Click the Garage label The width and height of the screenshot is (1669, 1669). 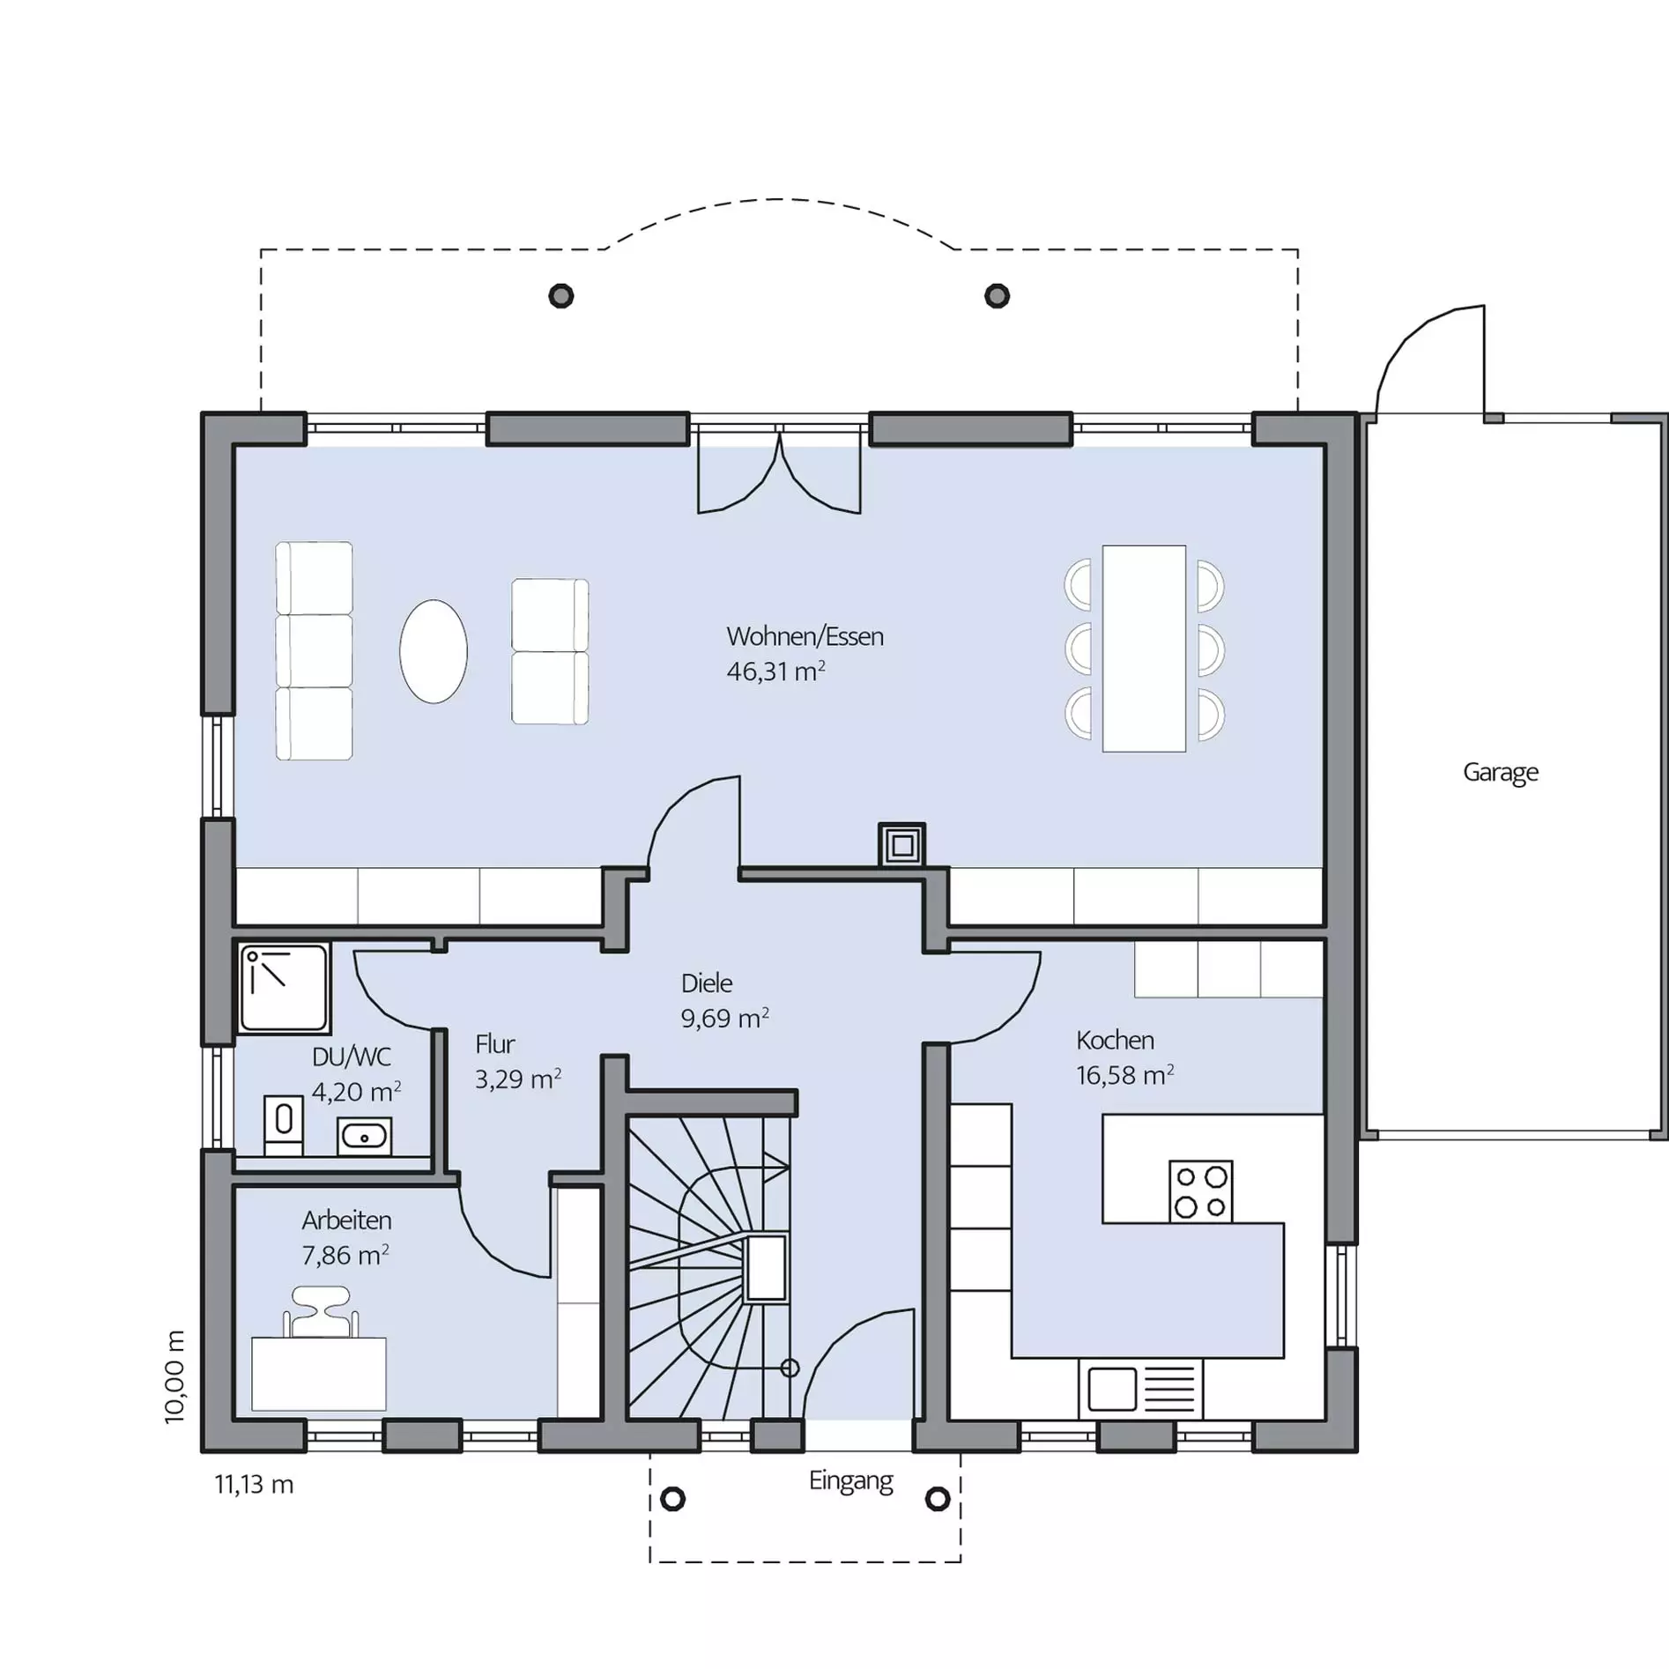[1500, 773]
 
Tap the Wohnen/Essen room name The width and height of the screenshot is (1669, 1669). [805, 636]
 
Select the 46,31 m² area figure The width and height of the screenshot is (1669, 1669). [775, 671]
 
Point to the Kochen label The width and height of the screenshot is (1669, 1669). [1115, 1040]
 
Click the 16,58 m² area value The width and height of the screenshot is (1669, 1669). [1124, 1075]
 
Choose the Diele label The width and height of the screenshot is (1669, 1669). [707, 983]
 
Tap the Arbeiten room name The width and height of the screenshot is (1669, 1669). [346, 1220]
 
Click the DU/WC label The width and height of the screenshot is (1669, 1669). [352, 1057]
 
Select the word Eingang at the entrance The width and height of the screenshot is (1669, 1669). [851, 1481]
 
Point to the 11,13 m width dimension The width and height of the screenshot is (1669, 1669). [254, 1485]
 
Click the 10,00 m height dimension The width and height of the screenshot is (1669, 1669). [175, 1376]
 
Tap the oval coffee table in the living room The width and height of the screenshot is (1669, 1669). [434, 651]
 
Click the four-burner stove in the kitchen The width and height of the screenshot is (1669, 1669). [1200, 1191]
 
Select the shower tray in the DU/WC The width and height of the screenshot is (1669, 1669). [284, 987]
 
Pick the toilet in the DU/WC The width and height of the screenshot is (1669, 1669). [284, 1124]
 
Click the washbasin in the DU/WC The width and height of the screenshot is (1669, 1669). [364, 1137]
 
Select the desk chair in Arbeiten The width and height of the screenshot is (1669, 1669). [321, 1312]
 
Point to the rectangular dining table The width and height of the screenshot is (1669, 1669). [1144, 649]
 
